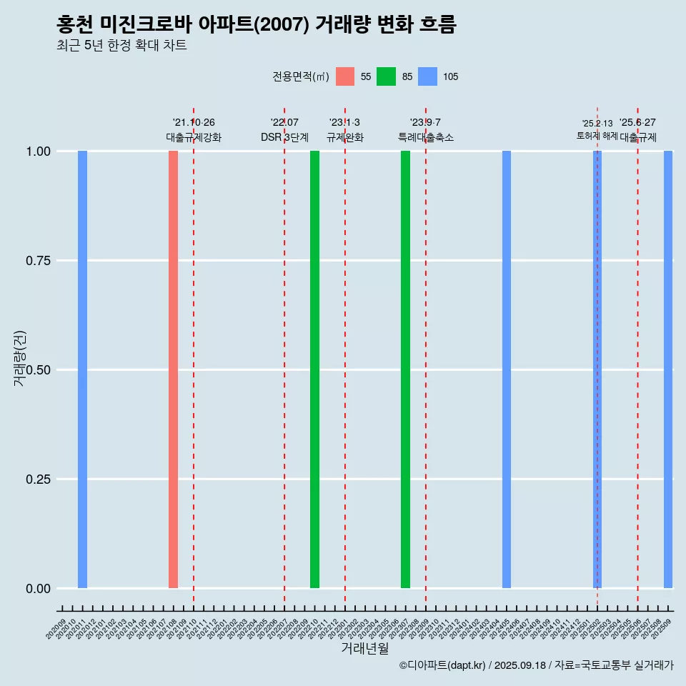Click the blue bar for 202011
[x=82, y=369]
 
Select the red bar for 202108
[x=173, y=369]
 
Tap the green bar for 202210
[x=314, y=369]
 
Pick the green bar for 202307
[x=405, y=369]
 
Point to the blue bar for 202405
[x=506, y=369]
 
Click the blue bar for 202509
[x=668, y=369]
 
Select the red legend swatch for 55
[x=345, y=76]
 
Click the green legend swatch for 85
[x=386, y=76]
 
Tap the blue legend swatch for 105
[x=427, y=76]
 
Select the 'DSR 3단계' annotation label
[x=284, y=138]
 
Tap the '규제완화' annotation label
[x=345, y=138]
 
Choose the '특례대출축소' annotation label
[x=426, y=138]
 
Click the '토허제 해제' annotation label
[x=597, y=136]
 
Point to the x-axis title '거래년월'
[x=364, y=649]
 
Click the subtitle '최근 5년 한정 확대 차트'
[x=121, y=46]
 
